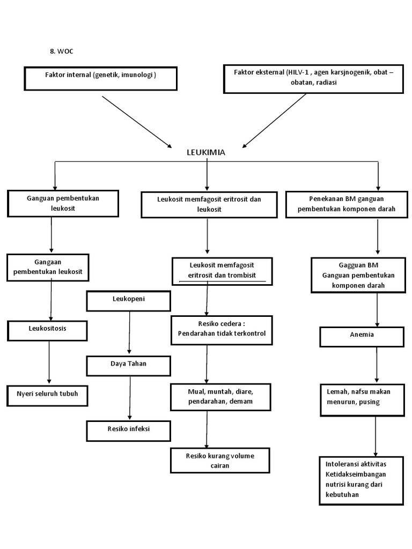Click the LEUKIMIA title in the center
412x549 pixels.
click(x=206, y=152)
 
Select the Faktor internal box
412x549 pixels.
click(x=100, y=78)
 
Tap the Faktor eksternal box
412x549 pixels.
click(x=313, y=78)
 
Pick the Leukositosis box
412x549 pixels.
click(x=47, y=330)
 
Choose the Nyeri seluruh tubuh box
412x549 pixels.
click(x=47, y=395)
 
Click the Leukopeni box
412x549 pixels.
click(x=128, y=301)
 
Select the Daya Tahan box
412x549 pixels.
click(x=128, y=366)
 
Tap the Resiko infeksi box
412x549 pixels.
click(x=128, y=431)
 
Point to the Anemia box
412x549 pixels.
click(x=362, y=336)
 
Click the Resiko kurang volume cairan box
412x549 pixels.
click(x=220, y=461)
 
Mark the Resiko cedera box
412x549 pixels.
click(x=222, y=329)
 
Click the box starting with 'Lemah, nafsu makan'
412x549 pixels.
click(x=362, y=399)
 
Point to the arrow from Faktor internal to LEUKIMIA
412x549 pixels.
click(x=136, y=122)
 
